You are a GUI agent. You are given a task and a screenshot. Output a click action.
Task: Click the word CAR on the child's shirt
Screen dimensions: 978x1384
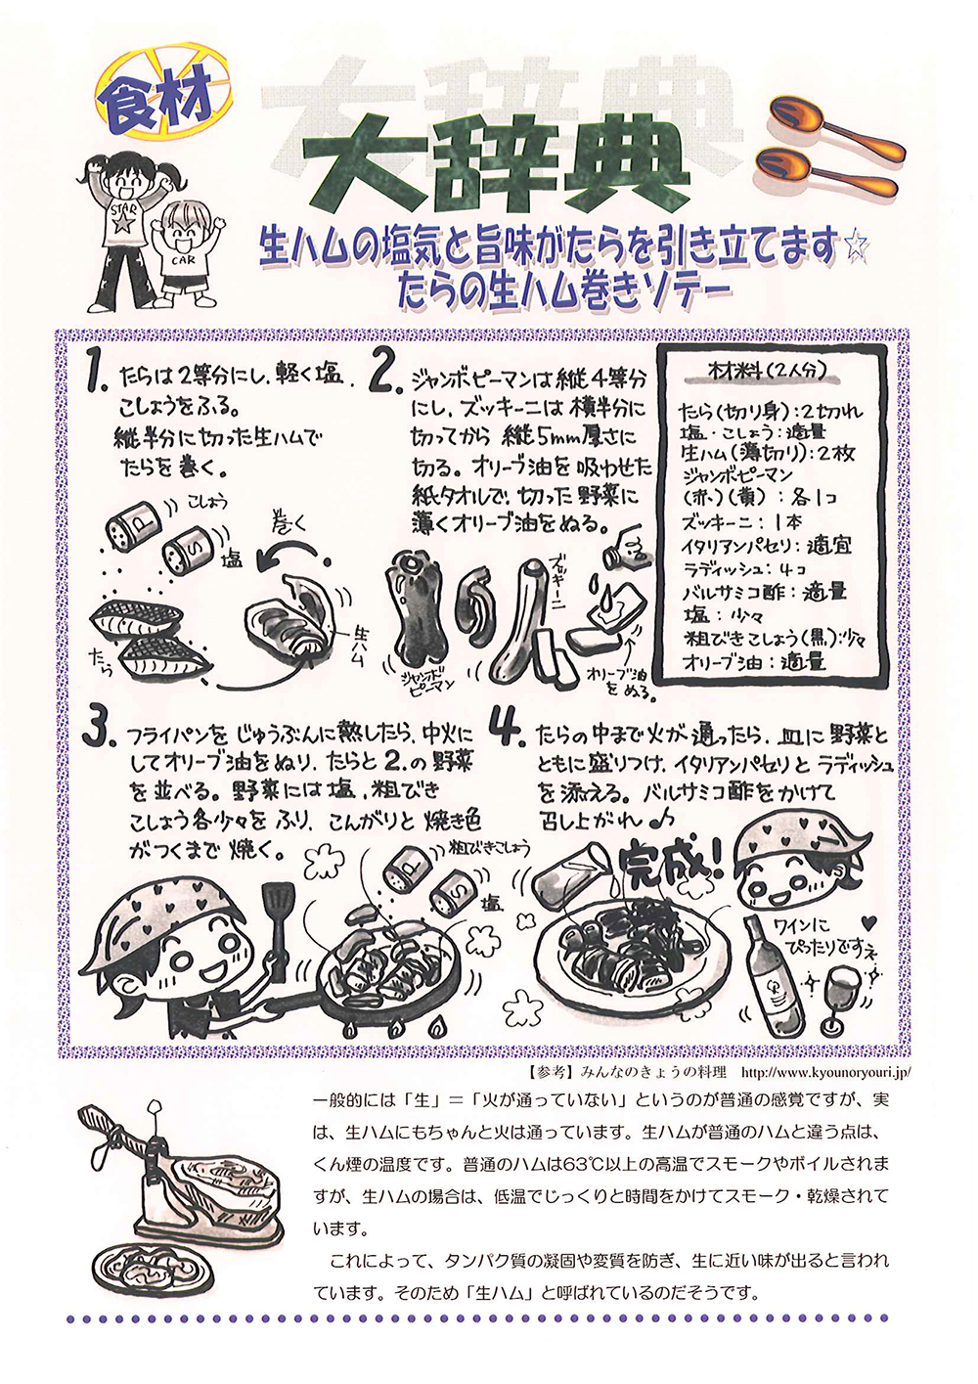[x=184, y=260]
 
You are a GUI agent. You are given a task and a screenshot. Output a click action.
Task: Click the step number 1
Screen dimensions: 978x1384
[x=98, y=372]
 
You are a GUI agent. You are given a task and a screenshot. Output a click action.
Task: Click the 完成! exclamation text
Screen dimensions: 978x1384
[x=668, y=863]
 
